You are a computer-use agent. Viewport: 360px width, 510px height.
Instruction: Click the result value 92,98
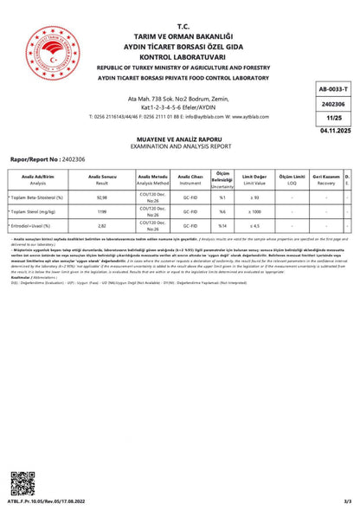click(102, 198)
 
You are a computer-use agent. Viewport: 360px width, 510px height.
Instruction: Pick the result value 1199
click(102, 211)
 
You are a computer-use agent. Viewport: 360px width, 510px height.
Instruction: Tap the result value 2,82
click(102, 224)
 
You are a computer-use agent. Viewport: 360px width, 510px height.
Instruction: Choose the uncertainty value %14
click(222, 224)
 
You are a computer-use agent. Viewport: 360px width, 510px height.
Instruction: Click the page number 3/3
click(346, 500)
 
